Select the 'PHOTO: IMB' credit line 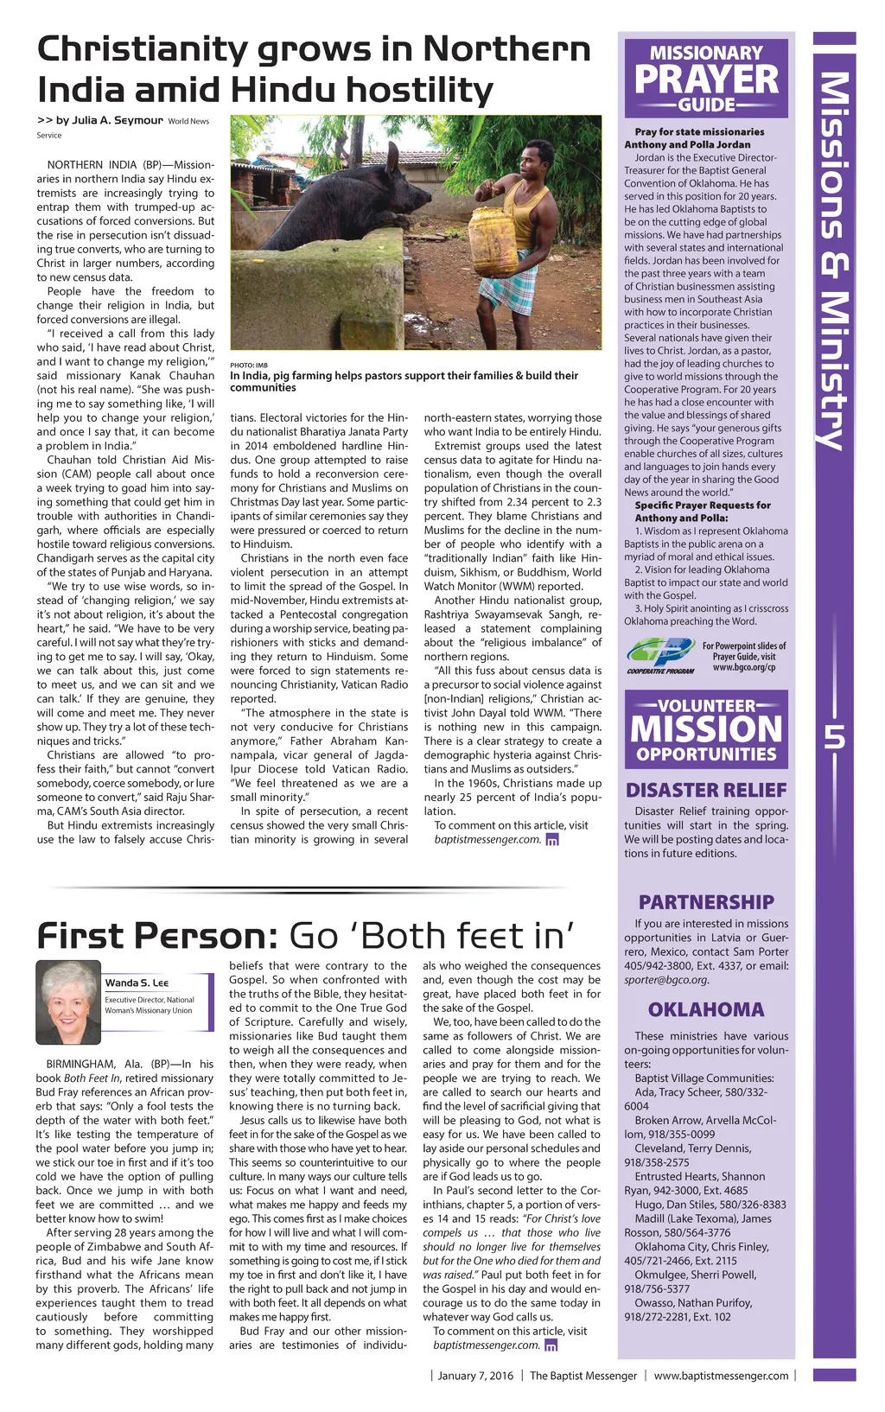tap(249, 366)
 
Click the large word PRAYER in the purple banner tap(706, 80)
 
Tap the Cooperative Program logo tap(660, 654)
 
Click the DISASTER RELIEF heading tap(706, 790)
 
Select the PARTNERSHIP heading tap(706, 902)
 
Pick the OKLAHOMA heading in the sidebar tap(706, 1009)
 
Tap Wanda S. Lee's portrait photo tap(68, 1002)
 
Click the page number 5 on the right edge tap(834, 735)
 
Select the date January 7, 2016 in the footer tap(475, 1376)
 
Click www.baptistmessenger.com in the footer tap(721, 1376)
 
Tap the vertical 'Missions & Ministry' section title tap(834, 259)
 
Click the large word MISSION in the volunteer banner tap(706, 729)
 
